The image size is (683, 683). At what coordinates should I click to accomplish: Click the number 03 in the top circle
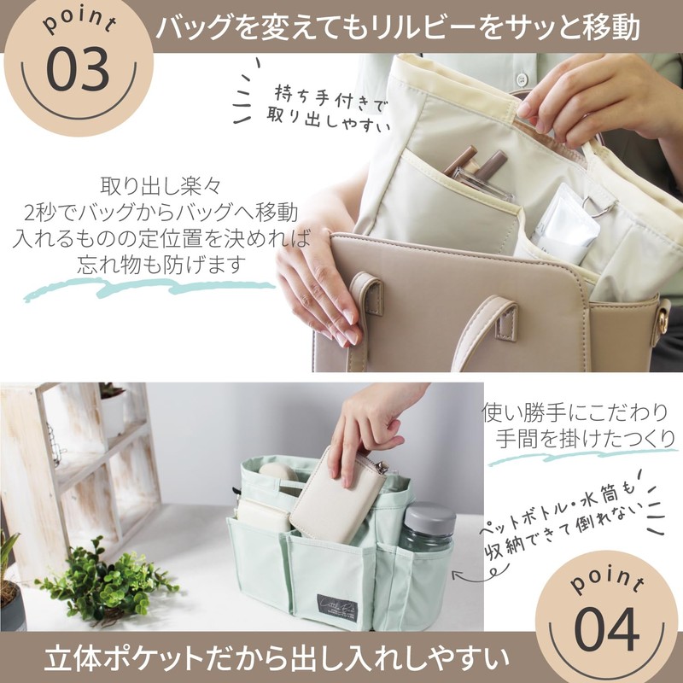coord(78,69)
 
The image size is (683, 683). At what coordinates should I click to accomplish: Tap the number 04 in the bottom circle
coord(606,630)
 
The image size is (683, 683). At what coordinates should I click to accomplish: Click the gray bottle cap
coord(429,517)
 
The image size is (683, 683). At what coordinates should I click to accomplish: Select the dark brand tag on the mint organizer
coord(337,607)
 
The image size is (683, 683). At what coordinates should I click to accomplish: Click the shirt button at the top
coord(522,79)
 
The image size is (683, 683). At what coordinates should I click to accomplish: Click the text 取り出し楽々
coord(161,186)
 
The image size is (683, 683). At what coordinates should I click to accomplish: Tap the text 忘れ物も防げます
coord(161,265)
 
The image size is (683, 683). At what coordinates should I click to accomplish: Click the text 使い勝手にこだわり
coord(575,412)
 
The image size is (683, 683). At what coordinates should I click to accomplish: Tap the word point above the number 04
coord(607,580)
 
